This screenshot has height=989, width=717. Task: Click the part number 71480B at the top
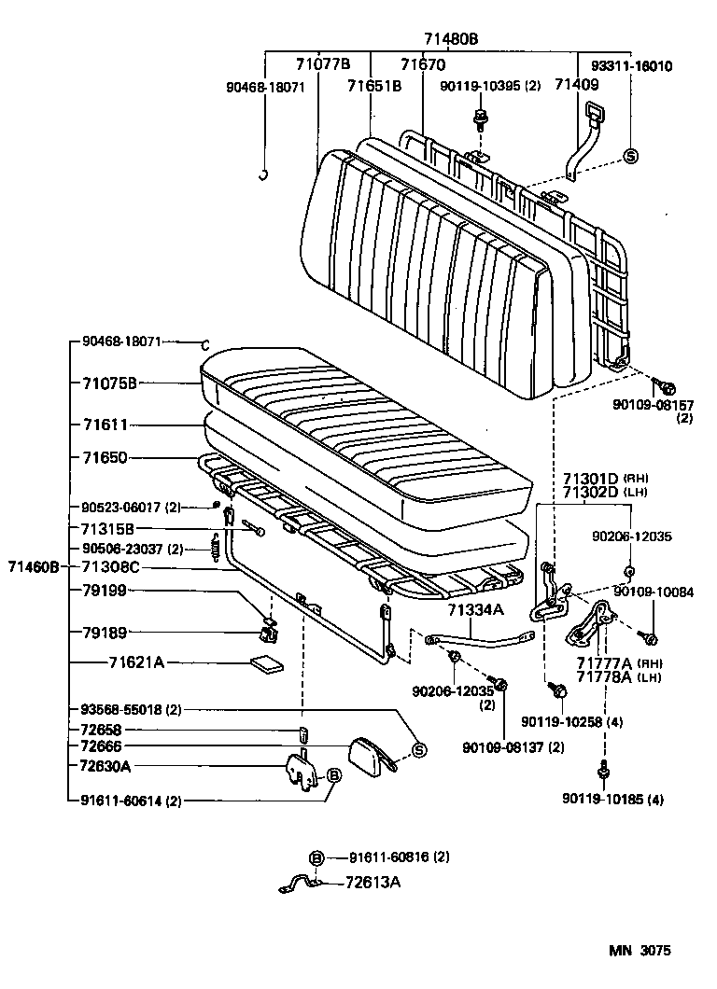[451, 38]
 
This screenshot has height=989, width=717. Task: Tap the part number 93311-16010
[631, 66]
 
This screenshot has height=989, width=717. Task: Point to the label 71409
[575, 85]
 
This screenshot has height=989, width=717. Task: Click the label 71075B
[109, 383]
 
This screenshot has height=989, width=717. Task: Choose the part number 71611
[104, 425]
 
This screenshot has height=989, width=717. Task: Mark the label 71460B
[34, 566]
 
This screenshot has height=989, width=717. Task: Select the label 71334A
[475, 609]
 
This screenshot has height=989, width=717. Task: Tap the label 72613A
[373, 882]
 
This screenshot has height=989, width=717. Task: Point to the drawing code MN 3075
[640, 951]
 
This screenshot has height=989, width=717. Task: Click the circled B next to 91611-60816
[316, 857]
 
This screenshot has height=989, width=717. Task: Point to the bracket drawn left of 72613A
[302, 882]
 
